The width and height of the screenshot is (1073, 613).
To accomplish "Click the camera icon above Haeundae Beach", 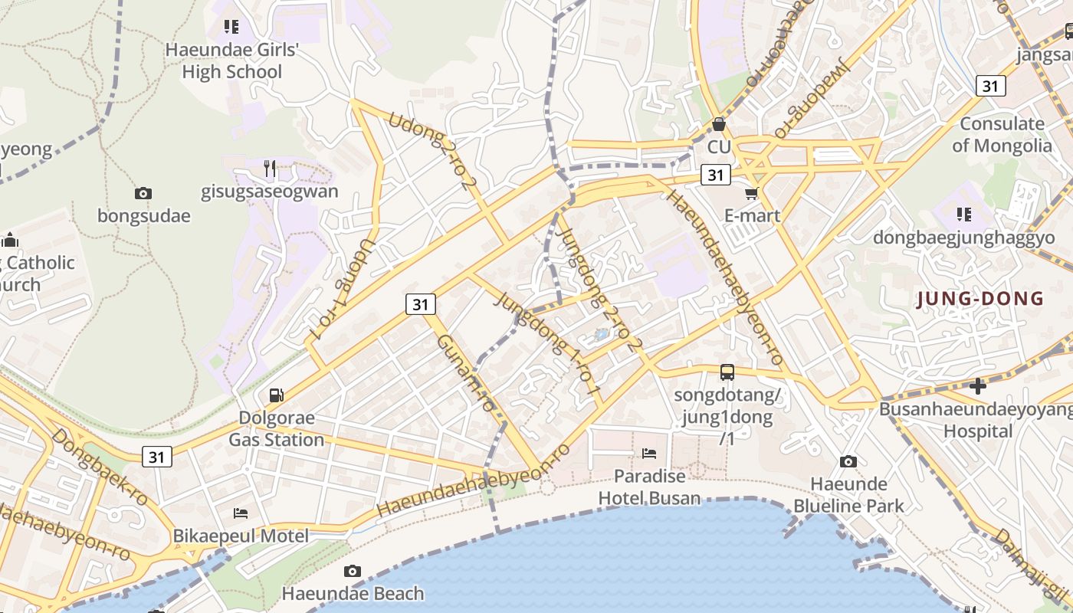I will pos(353,571).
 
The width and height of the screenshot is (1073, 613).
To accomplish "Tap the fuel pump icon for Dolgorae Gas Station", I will pos(276,395).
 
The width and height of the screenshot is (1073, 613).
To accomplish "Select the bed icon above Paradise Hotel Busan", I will pos(649,454).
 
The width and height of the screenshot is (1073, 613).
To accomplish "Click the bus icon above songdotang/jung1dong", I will pos(727,373).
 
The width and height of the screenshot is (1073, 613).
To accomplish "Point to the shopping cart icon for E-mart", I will pos(752,194).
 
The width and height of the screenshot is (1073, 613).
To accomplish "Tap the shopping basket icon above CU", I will pos(719,124).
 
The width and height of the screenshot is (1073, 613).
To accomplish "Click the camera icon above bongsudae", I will pos(143,194).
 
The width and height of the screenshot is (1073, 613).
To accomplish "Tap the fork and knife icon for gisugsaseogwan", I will pos(269,168).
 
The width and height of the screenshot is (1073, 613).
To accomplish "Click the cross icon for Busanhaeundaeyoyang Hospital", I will pos(978,386).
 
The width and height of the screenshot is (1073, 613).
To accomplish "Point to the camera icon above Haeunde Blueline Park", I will pos(848,461).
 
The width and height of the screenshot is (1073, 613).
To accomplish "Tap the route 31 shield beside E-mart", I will pos(715,175).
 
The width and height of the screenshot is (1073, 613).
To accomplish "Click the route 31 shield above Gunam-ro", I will pos(420,304).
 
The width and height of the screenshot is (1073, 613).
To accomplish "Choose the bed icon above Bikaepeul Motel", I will pos(241,513).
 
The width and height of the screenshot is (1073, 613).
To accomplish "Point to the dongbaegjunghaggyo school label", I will pos(964,238).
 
